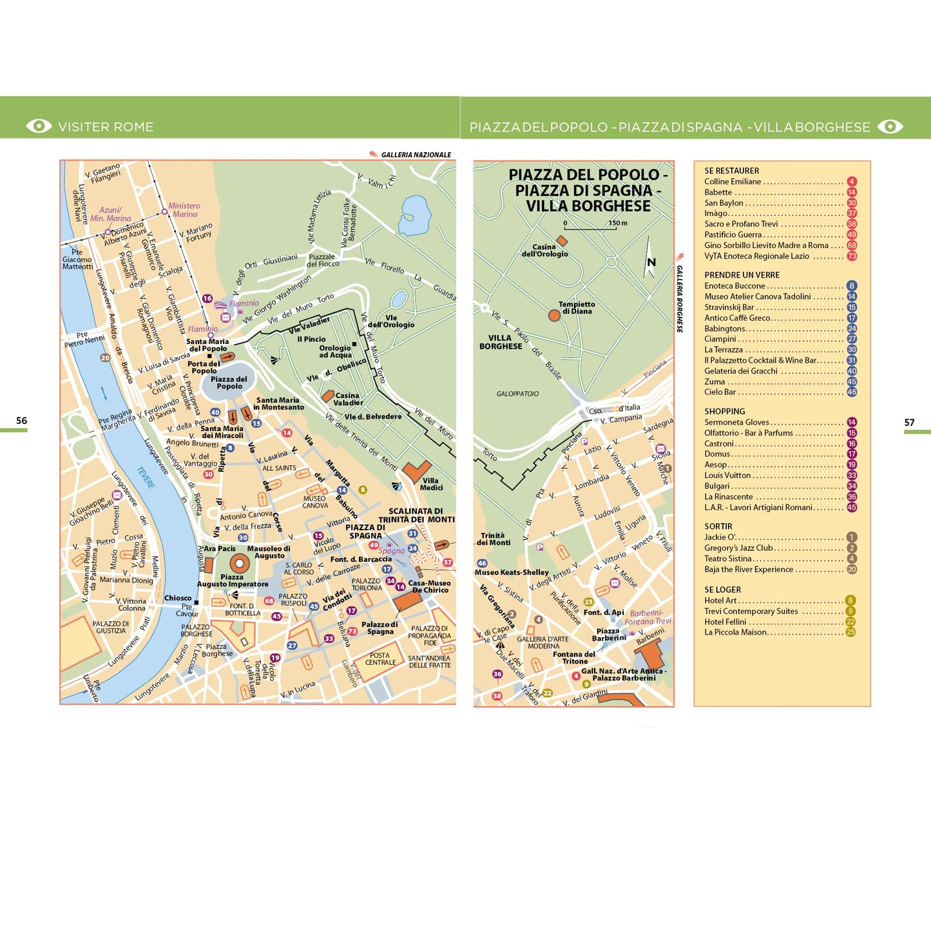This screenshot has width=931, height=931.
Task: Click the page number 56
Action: (x=21, y=421)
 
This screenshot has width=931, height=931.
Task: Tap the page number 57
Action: (x=909, y=423)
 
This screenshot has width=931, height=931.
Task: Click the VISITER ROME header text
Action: (x=106, y=127)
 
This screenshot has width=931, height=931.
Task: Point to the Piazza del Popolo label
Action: (x=229, y=383)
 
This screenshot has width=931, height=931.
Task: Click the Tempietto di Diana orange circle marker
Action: (x=554, y=315)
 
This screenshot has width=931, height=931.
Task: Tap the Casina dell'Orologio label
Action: (x=544, y=251)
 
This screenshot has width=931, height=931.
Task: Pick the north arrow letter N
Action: (x=651, y=262)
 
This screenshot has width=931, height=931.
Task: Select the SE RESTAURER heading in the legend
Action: (x=731, y=171)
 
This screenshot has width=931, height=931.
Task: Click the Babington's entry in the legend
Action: (x=725, y=329)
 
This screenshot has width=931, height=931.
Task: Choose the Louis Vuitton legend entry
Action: (x=727, y=475)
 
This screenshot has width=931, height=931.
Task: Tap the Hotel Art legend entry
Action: (x=720, y=600)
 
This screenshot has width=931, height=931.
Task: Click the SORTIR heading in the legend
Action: (x=718, y=526)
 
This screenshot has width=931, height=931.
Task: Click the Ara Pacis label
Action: (x=220, y=549)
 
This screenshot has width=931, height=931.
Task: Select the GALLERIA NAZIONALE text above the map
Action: (x=416, y=155)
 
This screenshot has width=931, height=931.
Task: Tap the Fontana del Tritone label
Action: (x=574, y=658)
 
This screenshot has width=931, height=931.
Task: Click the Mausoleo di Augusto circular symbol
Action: (x=240, y=563)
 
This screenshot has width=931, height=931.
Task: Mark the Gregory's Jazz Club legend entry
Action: (x=738, y=548)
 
